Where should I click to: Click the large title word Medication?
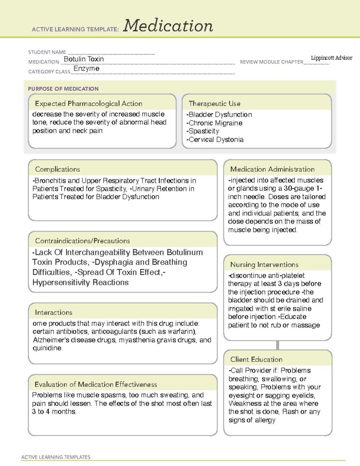pos(168,26)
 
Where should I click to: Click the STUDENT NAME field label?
pos(47,52)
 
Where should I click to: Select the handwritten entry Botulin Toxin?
pos(84,59)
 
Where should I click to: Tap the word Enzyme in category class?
pos(86,69)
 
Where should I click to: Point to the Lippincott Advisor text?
pos(331,58)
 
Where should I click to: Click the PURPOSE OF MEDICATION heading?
pos(63,89)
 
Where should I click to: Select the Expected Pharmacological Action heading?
pos(88,104)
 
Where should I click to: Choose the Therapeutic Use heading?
pos(214,104)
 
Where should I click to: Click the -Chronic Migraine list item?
pos(214,123)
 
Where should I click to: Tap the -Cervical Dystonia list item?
pos(215,140)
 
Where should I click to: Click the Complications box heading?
pos(58,169)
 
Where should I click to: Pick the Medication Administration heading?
pos(272,169)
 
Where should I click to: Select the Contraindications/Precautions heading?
pos(82,241)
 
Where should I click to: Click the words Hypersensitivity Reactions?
pos(80,282)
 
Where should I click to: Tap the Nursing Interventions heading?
pos(264,265)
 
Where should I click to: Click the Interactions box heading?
pos(54,313)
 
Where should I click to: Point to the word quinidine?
pos(47,348)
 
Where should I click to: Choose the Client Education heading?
pos(256,359)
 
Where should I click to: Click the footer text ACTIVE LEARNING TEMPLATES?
pos(56,457)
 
